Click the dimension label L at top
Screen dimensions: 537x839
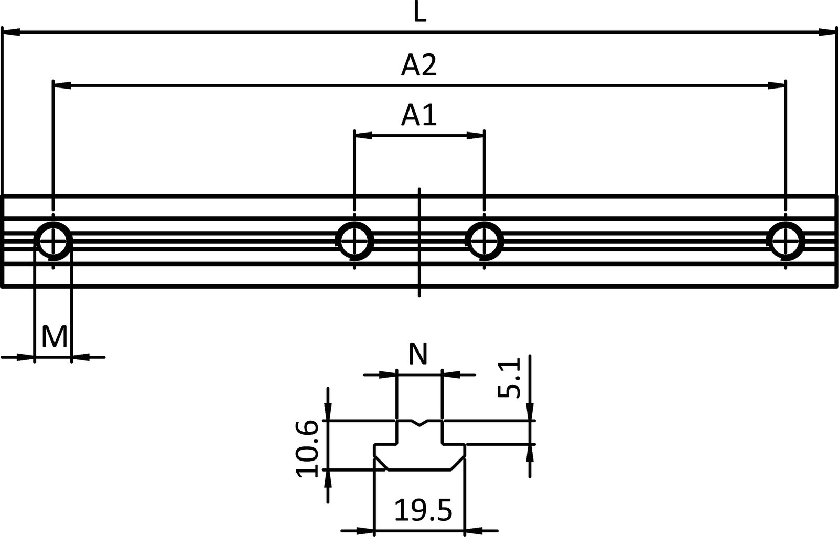pos(419,12)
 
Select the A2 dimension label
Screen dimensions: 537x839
pos(419,66)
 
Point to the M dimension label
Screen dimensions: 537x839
pos(54,337)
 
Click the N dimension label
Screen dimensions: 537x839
pos(418,355)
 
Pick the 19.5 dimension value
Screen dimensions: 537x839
pos(423,511)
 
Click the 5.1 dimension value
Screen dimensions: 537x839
pos(508,378)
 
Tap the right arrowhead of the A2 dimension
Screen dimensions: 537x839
pos(778,84)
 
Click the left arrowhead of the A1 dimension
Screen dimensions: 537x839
pos(362,135)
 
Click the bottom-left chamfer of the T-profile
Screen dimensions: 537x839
pos(380,464)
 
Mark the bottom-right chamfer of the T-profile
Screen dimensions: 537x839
pos(457,464)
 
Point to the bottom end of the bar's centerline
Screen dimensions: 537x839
pos(419,295)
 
